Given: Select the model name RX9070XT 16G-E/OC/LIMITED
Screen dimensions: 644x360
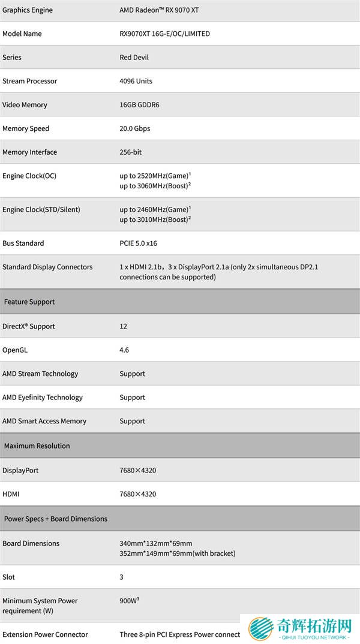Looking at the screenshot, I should (164, 34).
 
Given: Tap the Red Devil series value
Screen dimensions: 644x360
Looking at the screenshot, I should (134, 58).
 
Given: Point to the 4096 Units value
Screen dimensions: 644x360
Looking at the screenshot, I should (136, 81).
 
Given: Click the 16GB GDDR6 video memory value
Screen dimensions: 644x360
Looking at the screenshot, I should (139, 105).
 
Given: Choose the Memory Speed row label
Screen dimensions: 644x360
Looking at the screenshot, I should (26, 128).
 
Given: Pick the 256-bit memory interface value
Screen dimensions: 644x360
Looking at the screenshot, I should (130, 152).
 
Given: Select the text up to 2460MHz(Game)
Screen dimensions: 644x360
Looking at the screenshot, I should (154, 209).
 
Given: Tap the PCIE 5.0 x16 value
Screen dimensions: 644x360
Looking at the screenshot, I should (138, 243).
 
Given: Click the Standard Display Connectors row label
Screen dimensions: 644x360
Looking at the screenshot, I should (47, 267).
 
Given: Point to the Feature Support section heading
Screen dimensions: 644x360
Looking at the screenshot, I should (29, 302).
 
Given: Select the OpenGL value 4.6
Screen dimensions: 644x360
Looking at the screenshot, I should (124, 350).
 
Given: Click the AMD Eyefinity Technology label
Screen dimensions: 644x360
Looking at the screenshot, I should (43, 398).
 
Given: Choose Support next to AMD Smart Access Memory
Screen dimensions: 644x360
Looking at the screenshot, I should (132, 421).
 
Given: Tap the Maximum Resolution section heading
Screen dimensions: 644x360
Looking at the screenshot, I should (37, 446).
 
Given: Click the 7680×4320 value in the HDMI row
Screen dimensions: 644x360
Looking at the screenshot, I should (137, 494).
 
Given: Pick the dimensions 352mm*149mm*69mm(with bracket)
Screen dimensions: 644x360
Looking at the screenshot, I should (177, 553).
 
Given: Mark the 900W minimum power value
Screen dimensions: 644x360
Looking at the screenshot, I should (129, 600).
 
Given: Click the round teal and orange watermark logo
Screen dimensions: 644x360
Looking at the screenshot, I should (262, 629).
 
